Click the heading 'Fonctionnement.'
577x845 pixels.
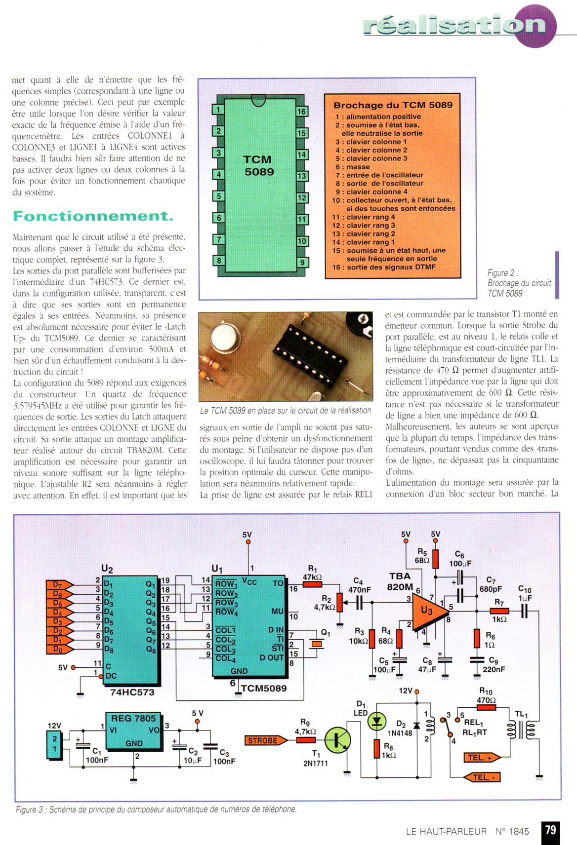coord(93,216)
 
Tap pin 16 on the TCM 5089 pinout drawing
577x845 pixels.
coord(301,112)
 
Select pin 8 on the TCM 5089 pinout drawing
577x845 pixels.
coord(218,261)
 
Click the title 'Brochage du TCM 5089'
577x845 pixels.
coord(393,105)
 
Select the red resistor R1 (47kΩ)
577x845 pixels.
coord(312,584)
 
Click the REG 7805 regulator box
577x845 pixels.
coord(133,730)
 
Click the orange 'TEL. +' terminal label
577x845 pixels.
coord(481,758)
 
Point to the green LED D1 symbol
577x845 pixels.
coord(377,722)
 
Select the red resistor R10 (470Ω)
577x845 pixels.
coord(486,707)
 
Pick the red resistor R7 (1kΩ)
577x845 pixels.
coord(499,611)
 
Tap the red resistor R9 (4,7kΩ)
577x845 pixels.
coord(306,740)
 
